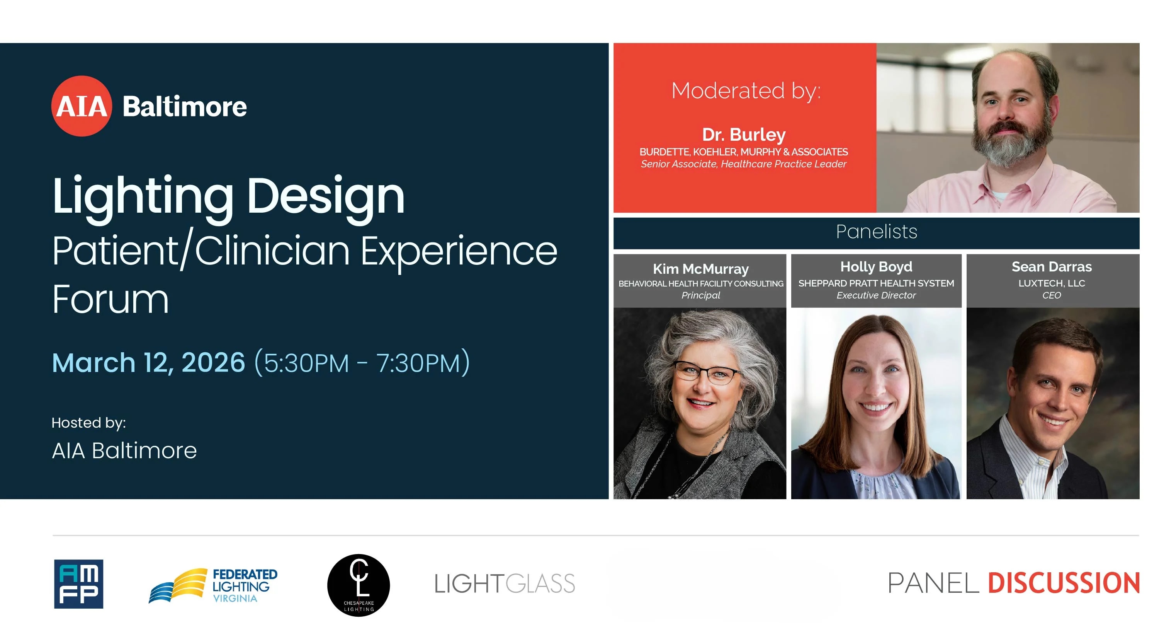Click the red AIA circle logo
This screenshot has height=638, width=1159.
[x=82, y=106]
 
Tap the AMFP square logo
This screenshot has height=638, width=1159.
[x=79, y=584]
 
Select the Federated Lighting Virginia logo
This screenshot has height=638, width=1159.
[x=213, y=585]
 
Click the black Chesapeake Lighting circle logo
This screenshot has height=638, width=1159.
[x=359, y=585]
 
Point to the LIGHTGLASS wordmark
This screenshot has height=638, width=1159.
[x=505, y=584]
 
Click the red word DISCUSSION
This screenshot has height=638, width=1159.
[x=1064, y=583]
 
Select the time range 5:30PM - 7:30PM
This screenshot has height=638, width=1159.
[x=362, y=363]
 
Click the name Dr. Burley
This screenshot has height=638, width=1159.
[x=744, y=134]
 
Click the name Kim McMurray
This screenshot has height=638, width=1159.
[x=700, y=269]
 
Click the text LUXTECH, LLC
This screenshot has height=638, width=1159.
[x=1052, y=283]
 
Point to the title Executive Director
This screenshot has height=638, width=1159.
[x=876, y=295]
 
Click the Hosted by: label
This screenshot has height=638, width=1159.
[x=88, y=422]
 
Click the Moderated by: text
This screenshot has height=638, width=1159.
[x=746, y=90]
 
